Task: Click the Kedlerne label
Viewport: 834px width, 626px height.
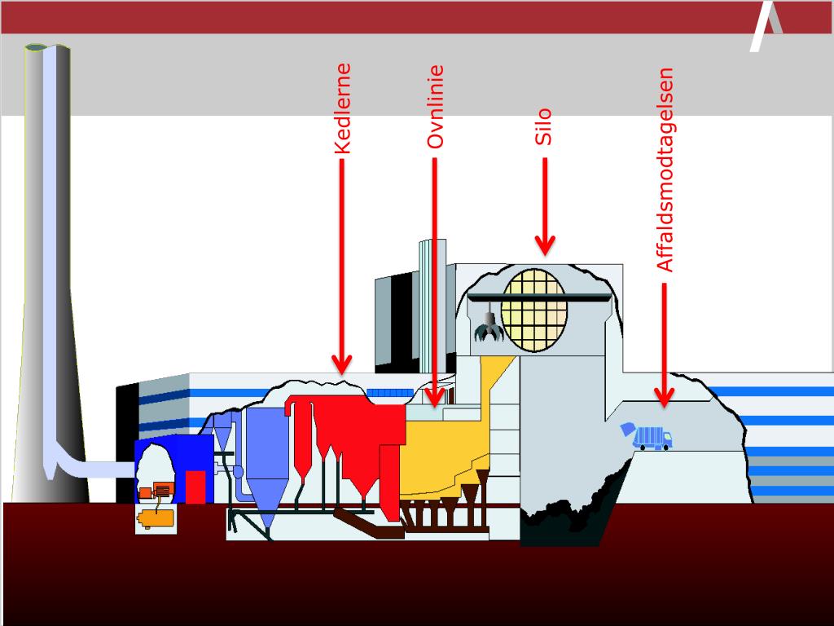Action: click(x=343, y=109)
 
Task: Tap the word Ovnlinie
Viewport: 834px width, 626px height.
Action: click(x=436, y=107)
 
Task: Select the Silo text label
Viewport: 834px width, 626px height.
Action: click(x=543, y=127)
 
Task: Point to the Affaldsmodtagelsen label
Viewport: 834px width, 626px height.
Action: click(x=665, y=170)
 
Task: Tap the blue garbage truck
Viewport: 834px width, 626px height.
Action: click(x=648, y=437)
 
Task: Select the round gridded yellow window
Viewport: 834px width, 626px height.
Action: click(x=534, y=311)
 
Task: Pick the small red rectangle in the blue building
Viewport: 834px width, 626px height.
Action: click(x=195, y=487)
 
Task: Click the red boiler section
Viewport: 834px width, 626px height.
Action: click(x=350, y=432)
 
